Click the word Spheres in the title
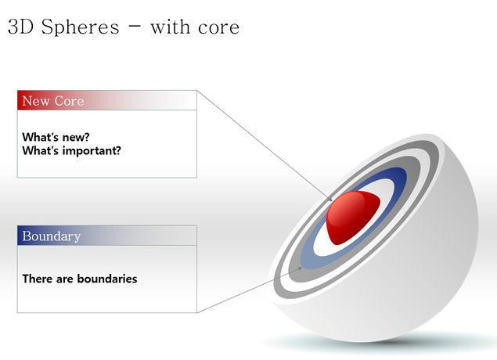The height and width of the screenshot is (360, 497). click(x=80, y=27)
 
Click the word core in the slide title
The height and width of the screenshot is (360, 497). click(x=218, y=27)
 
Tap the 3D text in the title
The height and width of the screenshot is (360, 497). click(x=20, y=27)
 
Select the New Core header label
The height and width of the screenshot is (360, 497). click(x=53, y=101)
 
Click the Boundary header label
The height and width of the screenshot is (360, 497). click(x=52, y=236)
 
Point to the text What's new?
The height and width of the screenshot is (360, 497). click(x=56, y=137)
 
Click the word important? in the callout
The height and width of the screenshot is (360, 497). click(x=92, y=151)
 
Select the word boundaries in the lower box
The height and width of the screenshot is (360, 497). click(x=107, y=279)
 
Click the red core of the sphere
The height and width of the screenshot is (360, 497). click(x=353, y=217)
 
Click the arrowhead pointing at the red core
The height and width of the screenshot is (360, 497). click(x=330, y=199)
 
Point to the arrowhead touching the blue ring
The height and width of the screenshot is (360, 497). click(x=300, y=268)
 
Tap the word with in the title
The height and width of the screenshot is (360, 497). click(x=170, y=27)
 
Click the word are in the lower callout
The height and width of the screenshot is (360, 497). click(x=65, y=279)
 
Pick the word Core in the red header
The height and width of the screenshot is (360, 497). click(x=69, y=101)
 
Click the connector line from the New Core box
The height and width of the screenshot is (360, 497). click(x=265, y=146)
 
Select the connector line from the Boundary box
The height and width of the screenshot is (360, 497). click(x=250, y=290)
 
